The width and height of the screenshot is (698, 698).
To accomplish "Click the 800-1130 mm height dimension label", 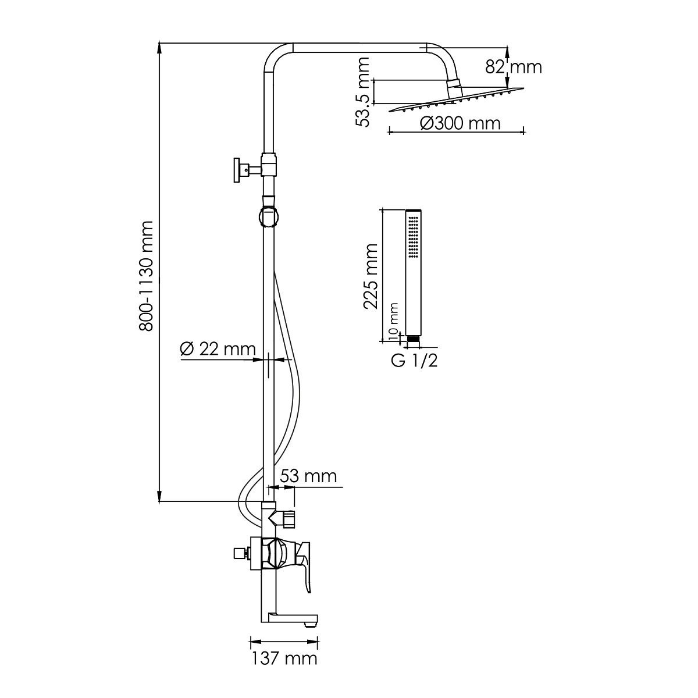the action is (x=147, y=276).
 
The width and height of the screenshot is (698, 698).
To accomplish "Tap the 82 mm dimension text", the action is (x=513, y=67).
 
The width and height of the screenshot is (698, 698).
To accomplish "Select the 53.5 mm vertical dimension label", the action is (x=362, y=92).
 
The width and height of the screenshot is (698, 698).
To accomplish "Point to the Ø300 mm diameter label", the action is (x=460, y=123).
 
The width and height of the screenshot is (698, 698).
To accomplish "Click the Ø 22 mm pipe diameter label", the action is (x=218, y=349).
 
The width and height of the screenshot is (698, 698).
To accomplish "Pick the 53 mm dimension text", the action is (x=308, y=476).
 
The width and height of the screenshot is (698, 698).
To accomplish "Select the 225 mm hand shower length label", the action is (x=371, y=276).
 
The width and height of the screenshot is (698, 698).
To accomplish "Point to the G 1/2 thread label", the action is (x=414, y=361).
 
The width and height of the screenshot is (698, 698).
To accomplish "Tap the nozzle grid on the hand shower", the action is (x=413, y=237).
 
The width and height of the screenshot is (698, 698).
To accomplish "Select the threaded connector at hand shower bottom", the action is (x=413, y=339).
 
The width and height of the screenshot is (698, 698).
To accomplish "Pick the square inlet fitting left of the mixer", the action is (x=239, y=553).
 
